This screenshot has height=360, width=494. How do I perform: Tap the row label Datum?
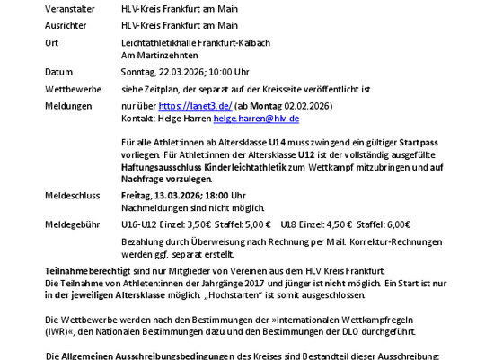tap(58, 71)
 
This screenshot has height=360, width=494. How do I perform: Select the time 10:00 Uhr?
tap(232, 71)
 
